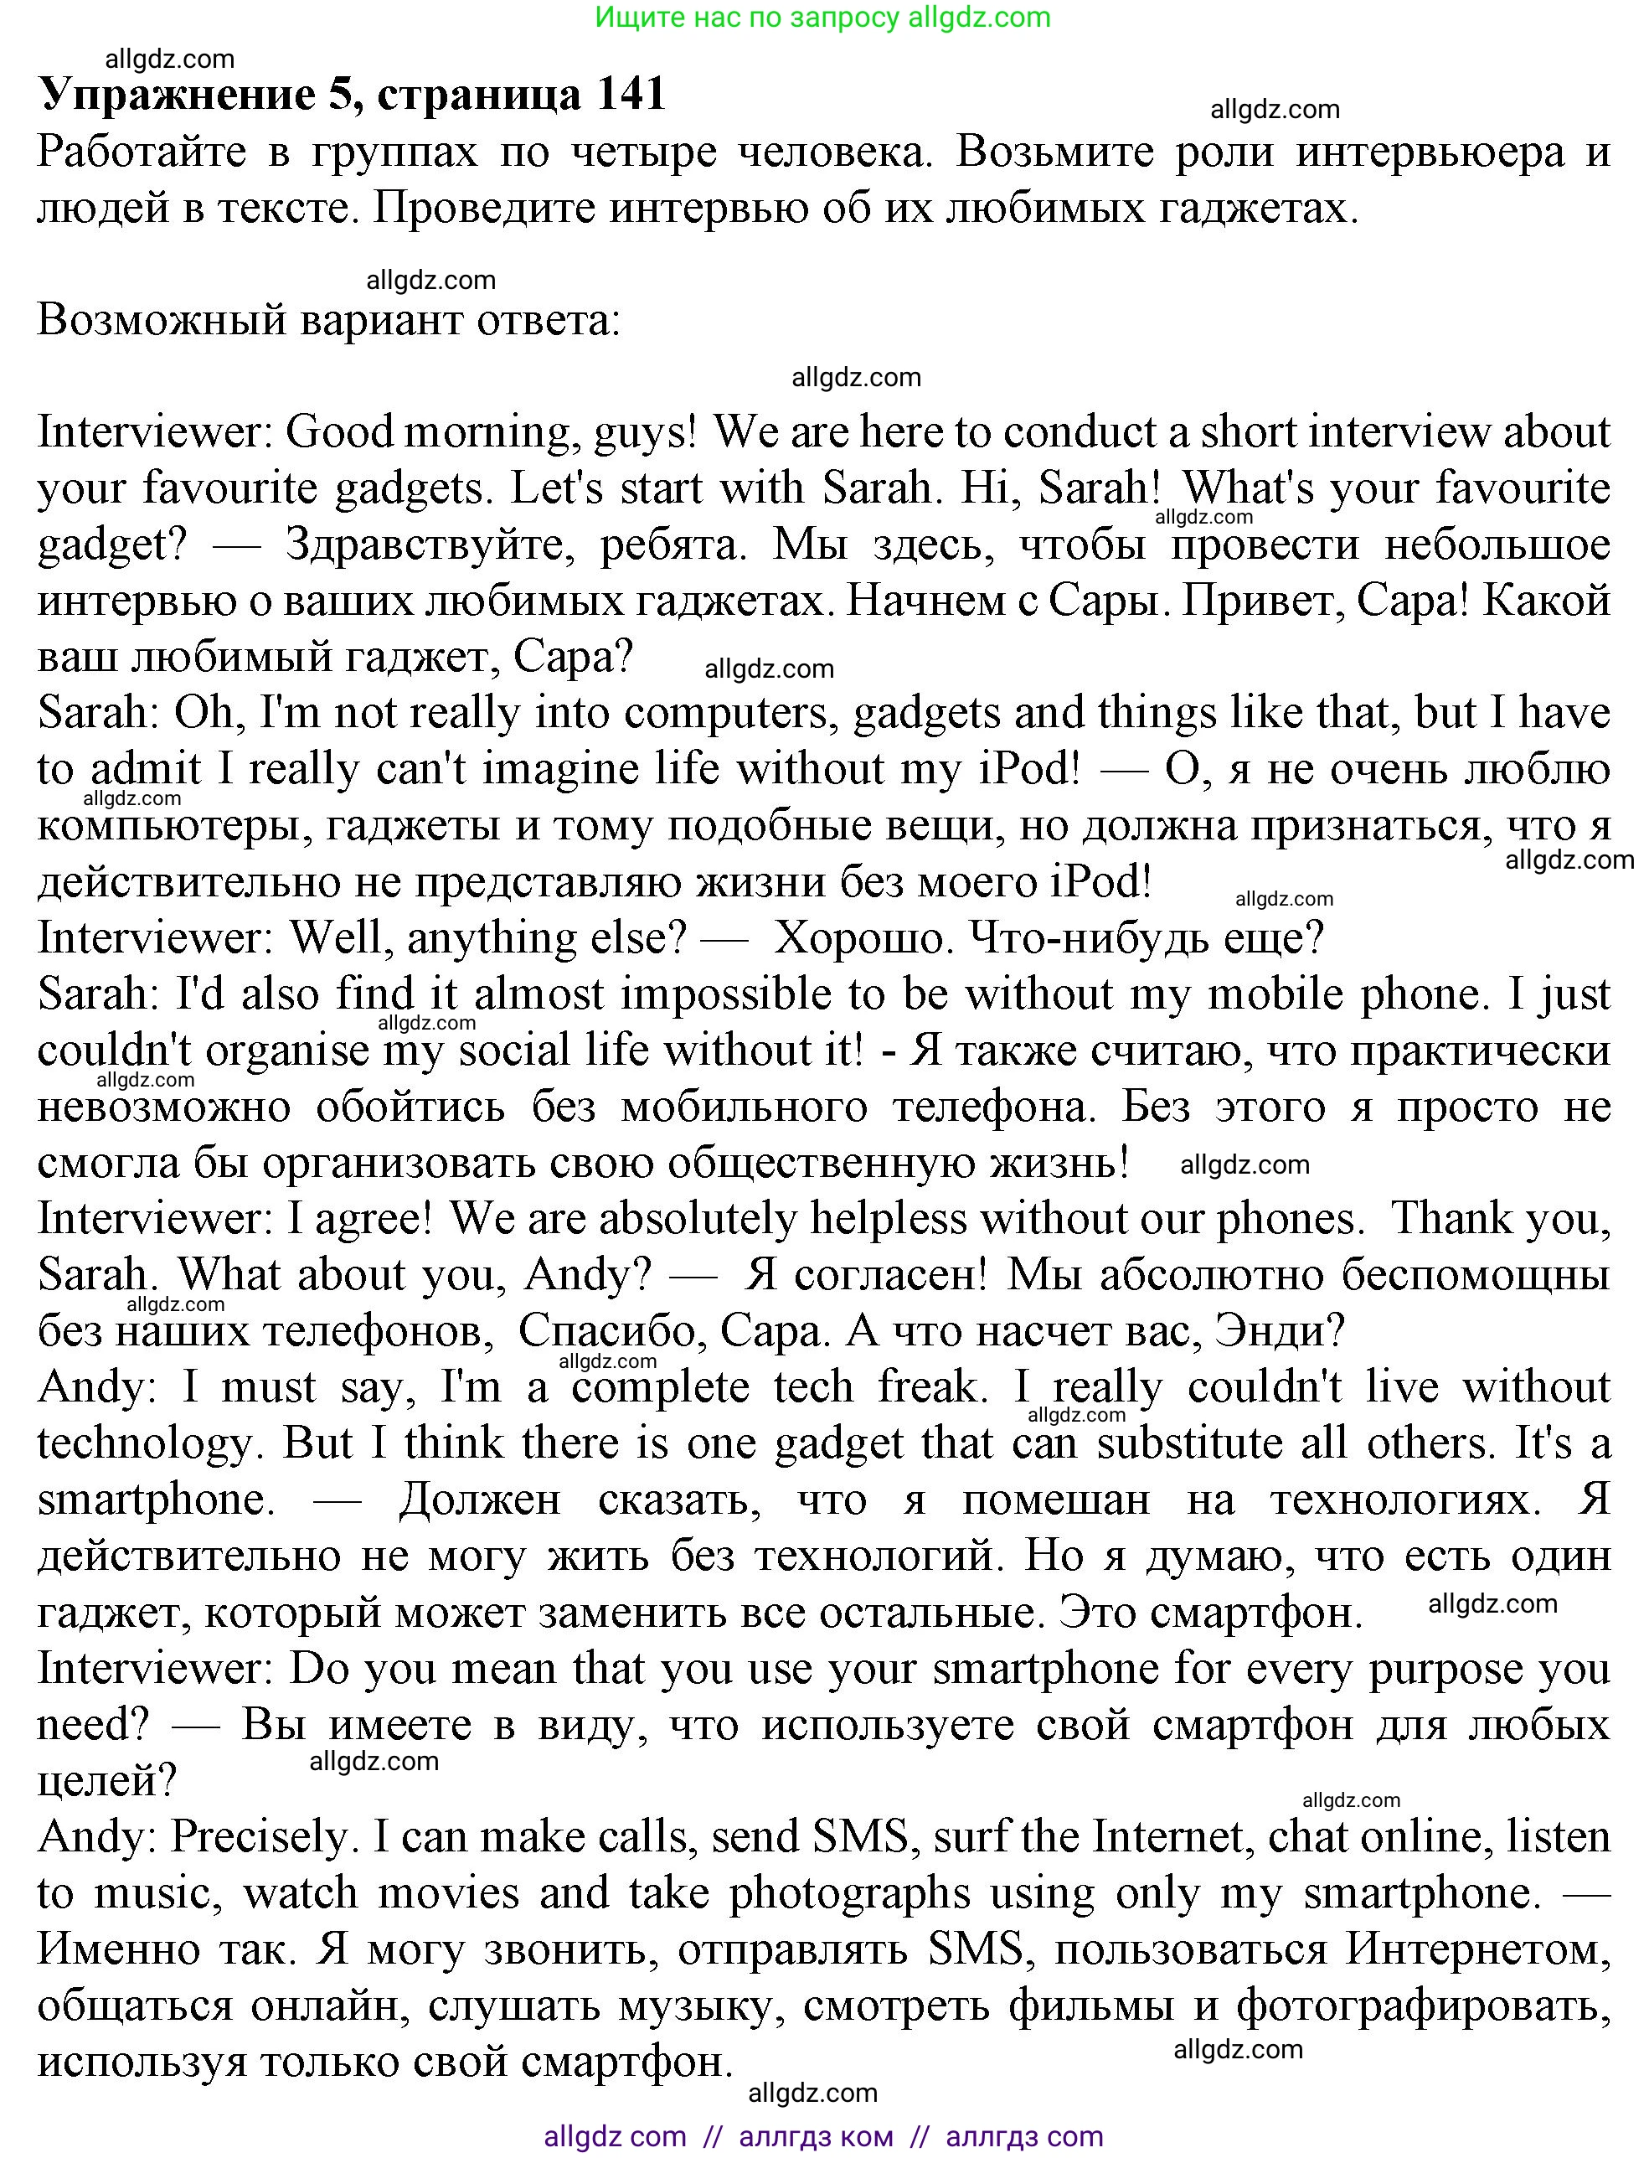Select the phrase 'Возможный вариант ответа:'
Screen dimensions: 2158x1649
point(329,321)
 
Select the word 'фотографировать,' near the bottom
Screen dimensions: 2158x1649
point(1422,2006)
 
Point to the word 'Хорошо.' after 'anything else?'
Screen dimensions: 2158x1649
point(865,938)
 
